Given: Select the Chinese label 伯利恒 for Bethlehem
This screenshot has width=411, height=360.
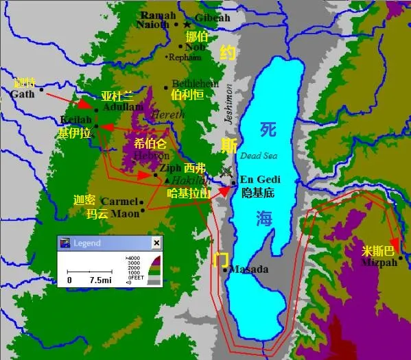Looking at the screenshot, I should click(x=187, y=95).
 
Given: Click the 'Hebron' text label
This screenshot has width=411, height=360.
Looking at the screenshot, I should click(x=152, y=156).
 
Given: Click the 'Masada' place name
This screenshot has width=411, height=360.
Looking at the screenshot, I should click(x=248, y=269).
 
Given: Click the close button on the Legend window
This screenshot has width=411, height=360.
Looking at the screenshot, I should click(x=156, y=243).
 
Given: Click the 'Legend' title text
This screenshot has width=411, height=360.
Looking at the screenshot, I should click(x=86, y=243).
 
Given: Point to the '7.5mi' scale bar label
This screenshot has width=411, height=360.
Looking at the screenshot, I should click(x=99, y=280).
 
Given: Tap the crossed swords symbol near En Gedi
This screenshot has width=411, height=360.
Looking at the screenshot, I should click(x=227, y=172).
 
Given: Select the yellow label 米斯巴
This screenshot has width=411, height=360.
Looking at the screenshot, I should click(x=379, y=250).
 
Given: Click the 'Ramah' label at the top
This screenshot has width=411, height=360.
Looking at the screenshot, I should click(x=155, y=14).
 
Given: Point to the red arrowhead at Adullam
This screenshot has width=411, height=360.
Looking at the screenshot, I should click(x=85, y=105).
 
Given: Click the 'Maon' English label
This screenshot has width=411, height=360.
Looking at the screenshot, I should click(x=125, y=213).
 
